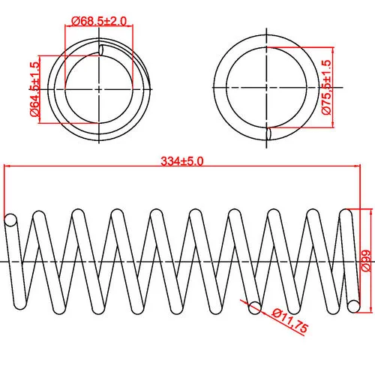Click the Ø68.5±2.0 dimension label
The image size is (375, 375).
click(x=99, y=21)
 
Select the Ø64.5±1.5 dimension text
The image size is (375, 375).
click(x=35, y=89)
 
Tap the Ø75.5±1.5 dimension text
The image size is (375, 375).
click(x=326, y=87)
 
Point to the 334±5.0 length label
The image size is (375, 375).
click(x=182, y=161)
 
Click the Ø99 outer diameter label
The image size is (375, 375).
click(x=366, y=260)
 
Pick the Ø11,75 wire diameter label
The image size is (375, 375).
click(x=290, y=321)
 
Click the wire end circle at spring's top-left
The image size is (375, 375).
click(x=10, y=220)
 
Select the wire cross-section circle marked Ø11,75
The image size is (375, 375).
click(x=255, y=307)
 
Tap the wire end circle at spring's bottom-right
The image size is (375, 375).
click(x=354, y=306)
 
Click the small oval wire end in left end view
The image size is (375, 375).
click(x=101, y=49)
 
